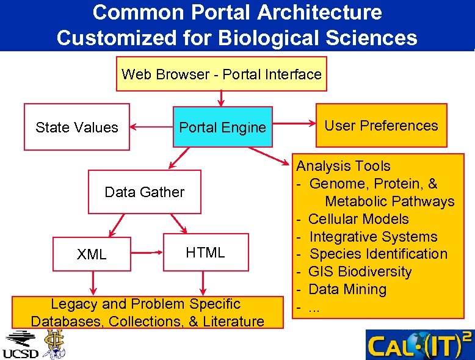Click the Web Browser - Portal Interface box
point(222,74)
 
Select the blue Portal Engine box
point(223,127)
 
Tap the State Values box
point(77,127)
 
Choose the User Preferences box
point(381,126)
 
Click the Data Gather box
point(145,192)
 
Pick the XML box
point(92,254)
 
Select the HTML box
point(206,251)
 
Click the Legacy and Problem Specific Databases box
point(148,312)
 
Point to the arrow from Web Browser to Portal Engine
point(221,98)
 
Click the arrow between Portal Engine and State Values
point(151,128)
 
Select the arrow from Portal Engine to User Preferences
point(294,126)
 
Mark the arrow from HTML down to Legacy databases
point(203,283)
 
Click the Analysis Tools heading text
point(344,166)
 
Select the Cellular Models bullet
point(358,219)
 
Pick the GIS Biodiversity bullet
point(360,272)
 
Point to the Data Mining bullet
point(347,289)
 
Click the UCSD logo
point(20,345)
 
